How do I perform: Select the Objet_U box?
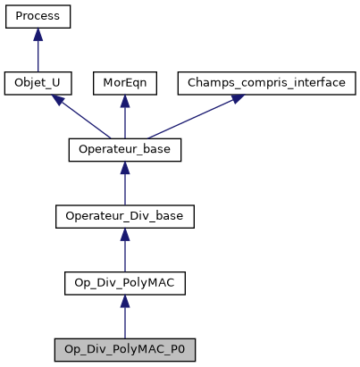click(x=38, y=84)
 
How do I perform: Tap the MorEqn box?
click(x=125, y=84)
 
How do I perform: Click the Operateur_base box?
click(x=125, y=150)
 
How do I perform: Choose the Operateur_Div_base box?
click(x=125, y=217)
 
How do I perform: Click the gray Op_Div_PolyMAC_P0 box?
click(x=125, y=349)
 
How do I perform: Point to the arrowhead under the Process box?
click(x=38, y=35)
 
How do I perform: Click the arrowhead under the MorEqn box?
click(x=125, y=102)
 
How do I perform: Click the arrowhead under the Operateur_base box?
click(x=125, y=169)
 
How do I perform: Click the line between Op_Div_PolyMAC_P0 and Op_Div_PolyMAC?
click(x=125, y=323)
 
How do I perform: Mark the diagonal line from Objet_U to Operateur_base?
click(x=85, y=120)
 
